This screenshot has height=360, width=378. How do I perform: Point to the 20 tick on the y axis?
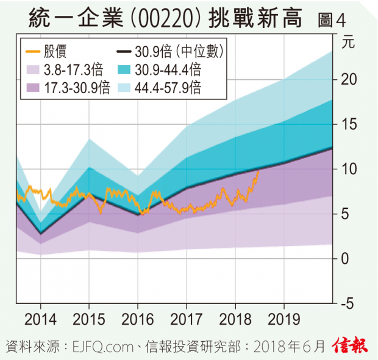[x=348, y=79]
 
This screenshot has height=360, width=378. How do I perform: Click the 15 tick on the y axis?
[x=348, y=124]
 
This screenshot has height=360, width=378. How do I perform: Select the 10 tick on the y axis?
[x=348, y=169]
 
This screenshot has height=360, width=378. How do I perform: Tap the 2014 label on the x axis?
[x=40, y=319]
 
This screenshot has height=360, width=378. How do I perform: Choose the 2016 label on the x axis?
[x=137, y=319]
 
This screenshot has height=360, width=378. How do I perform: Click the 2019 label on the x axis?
[x=283, y=319]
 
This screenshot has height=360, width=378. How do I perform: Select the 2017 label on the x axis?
[x=186, y=319]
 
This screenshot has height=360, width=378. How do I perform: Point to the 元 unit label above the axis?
[x=348, y=43]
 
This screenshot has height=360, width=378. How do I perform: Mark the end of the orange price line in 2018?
[x=259, y=172]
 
